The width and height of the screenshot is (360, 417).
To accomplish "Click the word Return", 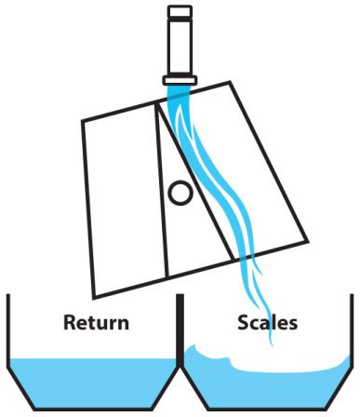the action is pos(96,322).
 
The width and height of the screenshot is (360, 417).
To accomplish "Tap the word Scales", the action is pos(267,322).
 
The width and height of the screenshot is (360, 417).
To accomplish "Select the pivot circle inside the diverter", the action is pos(180,193).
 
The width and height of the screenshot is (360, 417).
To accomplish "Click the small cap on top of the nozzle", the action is pos(180,11).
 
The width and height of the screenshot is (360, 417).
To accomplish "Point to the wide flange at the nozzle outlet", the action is pos(180,80).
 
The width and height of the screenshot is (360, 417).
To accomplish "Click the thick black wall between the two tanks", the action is pos(180,331).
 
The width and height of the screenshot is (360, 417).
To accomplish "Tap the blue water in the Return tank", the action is pos(93,383).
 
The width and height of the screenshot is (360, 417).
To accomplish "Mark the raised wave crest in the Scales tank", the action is pos(193,349).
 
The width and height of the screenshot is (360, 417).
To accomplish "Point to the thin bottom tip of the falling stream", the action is pos(272,343).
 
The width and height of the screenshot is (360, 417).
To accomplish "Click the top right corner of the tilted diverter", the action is pos(230,82).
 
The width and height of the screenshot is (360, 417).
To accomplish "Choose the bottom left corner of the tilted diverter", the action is pos(94,298).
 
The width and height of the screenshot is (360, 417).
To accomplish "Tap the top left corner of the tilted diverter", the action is pos(82,120).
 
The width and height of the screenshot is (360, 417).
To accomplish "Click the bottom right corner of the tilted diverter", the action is pos(308,241).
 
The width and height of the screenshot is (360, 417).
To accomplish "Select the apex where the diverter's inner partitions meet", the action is pos(157,102).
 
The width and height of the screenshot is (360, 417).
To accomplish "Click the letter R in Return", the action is pos(70,322).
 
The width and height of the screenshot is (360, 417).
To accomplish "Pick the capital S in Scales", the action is pos(244,322).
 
